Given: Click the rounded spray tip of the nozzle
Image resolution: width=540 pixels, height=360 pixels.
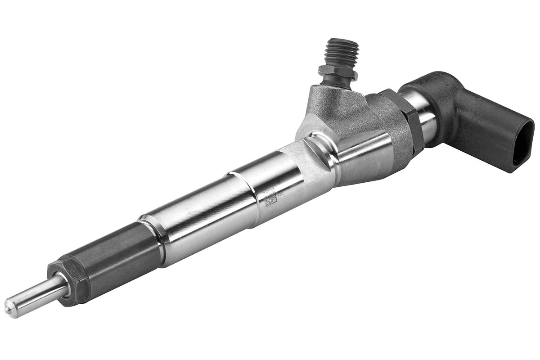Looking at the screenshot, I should (9, 308).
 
